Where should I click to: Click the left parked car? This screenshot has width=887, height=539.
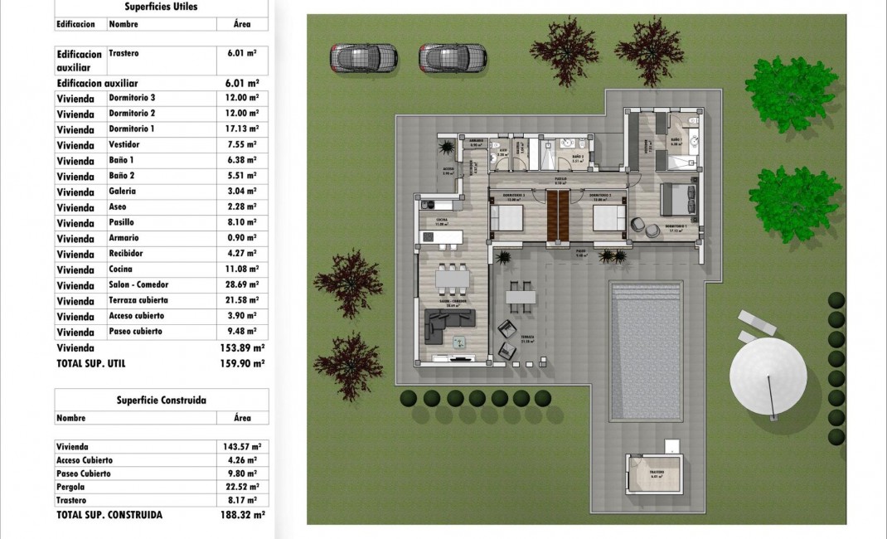pos(364,57)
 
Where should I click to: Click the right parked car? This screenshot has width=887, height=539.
pos(452,57)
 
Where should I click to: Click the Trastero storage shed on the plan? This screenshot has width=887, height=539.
pos(655,474)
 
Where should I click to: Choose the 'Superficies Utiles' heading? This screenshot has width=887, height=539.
pos(161,7)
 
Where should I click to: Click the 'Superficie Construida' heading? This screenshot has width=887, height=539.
pos(161,401)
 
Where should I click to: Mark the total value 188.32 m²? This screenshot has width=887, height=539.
pos(242,515)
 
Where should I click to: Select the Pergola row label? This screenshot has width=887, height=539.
pos(72,487)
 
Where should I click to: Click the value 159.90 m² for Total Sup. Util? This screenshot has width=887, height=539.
pos(242,363)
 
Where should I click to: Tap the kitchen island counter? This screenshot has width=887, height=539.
pos(442,238)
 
